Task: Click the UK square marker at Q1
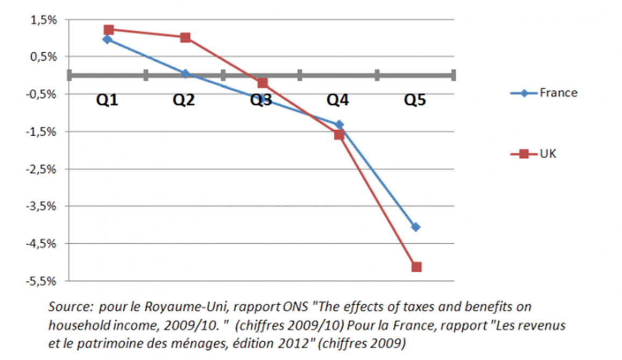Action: [108, 30]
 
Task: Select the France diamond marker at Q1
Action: [108, 39]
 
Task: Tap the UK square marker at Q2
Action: [185, 38]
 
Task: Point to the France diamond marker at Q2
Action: [185, 73]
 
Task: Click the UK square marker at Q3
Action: [263, 83]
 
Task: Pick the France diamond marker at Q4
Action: [339, 124]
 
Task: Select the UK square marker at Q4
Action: [339, 135]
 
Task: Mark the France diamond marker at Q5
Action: [416, 227]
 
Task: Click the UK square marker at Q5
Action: [416, 267]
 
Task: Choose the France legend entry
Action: [558, 93]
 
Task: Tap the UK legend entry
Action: [548, 154]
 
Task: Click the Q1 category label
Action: [108, 101]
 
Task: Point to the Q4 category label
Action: [338, 101]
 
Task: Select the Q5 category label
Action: [415, 101]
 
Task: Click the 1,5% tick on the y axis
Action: [45, 20]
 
